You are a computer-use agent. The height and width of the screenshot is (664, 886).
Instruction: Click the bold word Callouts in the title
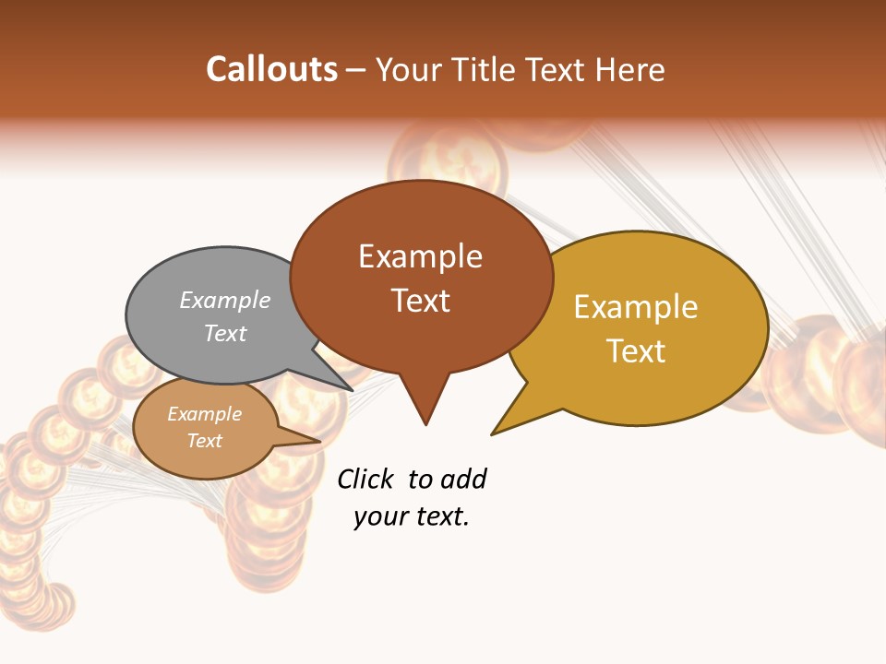pos(271,69)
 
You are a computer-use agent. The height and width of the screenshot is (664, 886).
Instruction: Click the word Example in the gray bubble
pos(225,301)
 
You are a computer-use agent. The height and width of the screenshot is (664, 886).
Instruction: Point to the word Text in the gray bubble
pos(225,333)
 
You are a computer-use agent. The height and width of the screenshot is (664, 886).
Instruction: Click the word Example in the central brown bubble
pos(420,256)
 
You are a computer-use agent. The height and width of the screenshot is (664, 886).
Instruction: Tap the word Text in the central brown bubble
pos(420,301)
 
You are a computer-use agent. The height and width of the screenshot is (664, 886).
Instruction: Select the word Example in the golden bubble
pos(636,307)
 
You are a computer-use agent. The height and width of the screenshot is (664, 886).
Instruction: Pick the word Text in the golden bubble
pos(636,351)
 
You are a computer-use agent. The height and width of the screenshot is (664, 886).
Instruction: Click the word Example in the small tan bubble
pos(204,414)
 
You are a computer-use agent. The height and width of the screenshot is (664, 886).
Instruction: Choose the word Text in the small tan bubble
pos(204,441)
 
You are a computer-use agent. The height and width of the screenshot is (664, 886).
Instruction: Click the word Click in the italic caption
pos(365,480)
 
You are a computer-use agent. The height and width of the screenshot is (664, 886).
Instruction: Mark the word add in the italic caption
pos(463,480)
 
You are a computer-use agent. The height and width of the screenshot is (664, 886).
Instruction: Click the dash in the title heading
pos(357,69)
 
